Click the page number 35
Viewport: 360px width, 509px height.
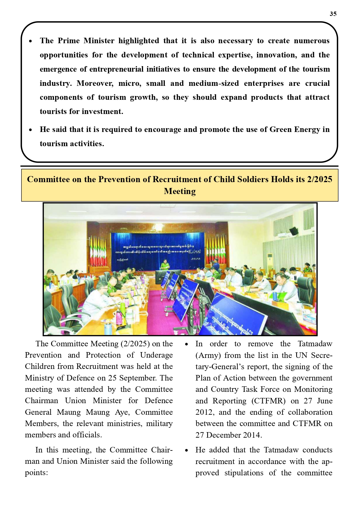pyautogui.click(x=333, y=14)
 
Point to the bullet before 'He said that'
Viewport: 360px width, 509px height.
pyautogui.click(x=30, y=130)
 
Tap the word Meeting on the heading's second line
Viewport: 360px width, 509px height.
pyautogui.click(x=180, y=191)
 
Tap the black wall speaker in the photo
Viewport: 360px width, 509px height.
pyautogui.click(x=294, y=231)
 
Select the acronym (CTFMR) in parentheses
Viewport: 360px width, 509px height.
pyautogui.click(x=268, y=401)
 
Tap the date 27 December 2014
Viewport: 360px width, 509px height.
pyautogui.click(x=229, y=435)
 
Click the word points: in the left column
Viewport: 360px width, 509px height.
pyautogui.click(x=36, y=473)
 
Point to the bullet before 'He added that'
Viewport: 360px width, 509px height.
pyautogui.click(x=187, y=450)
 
